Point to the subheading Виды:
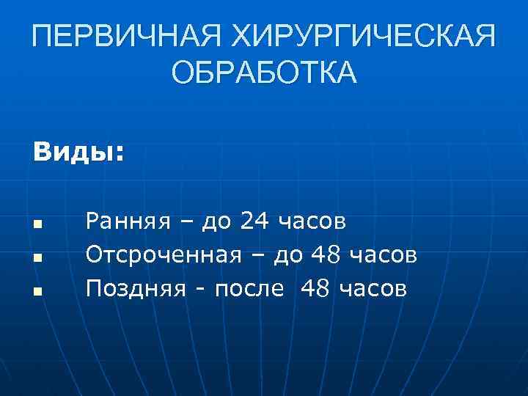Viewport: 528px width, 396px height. (x=78, y=153)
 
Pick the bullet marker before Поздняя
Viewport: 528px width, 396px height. (x=36, y=292)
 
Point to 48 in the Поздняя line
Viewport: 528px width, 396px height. (x=315, y=288)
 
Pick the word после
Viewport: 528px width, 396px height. (x=249, y=289)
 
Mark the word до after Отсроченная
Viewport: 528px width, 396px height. (x=288, y=255)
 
